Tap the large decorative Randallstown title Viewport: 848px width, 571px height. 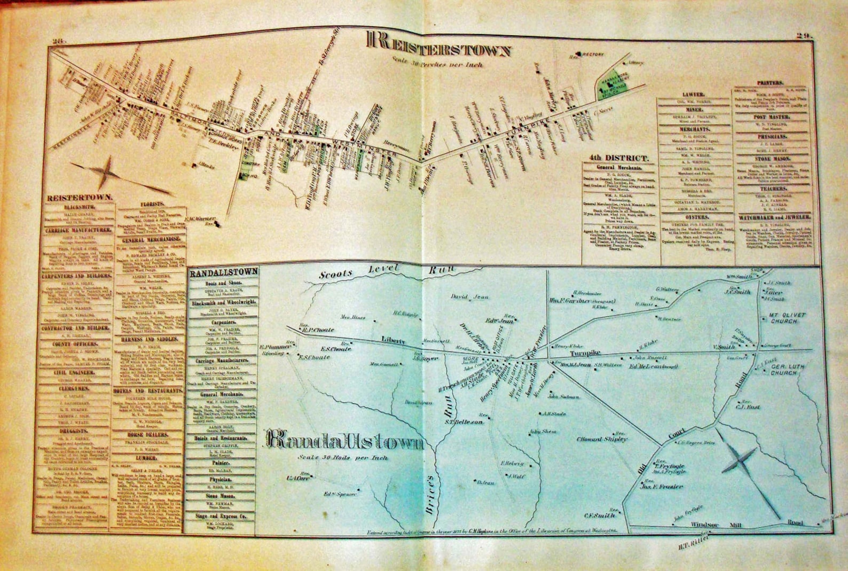344,441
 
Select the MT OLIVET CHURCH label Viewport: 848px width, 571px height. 787,318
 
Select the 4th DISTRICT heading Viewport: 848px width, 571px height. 619,158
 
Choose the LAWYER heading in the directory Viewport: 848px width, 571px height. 694,95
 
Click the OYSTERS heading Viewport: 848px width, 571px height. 695,217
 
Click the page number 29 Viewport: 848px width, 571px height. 804,36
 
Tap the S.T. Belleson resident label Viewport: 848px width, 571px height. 464,422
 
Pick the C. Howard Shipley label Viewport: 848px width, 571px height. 601,439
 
